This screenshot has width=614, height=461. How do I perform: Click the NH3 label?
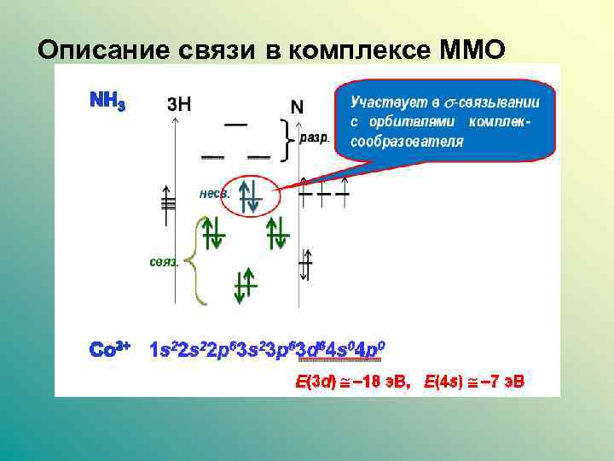pyautogui.click(x=108, y=100)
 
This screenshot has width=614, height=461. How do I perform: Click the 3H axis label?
pyautogui.click(x=179, y=104)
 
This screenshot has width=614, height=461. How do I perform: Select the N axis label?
pyautogui.click(x=297, y=107)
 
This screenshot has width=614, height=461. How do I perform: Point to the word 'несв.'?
pyautogui.click(x=214, y=194)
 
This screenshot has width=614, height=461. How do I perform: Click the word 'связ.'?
pyautogui.click(x=164, y=261)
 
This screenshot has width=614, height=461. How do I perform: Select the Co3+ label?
pyautogui.click(x=110, y=350)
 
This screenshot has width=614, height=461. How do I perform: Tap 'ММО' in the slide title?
pyautogui.click(x=472, y=50)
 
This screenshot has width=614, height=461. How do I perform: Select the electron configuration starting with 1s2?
pyautogui.click(x=269, y=350)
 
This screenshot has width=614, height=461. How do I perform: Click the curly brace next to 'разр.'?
pyautogui.click(x=287, y=137)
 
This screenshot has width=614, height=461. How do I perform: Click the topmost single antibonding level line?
pyautogui.click(x=235, y=125)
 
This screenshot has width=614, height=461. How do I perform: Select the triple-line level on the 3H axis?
pyautogui.click(x=168, y=203)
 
